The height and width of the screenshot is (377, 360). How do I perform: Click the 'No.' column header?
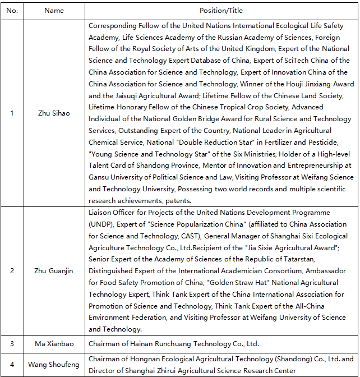pos(12,11)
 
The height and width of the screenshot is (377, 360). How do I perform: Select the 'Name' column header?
pos(54,11)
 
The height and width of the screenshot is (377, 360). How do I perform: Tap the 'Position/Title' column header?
pos(221,11)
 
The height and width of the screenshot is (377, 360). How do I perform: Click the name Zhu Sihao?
pos(54,113)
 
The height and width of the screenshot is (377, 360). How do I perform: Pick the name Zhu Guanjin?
pos(54,271)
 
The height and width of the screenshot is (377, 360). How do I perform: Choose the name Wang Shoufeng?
pos(54,365)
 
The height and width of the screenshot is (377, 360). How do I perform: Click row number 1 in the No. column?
pos(12,113)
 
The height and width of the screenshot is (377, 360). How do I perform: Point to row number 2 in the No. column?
pos(12,271)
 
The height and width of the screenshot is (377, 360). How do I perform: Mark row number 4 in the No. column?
pos(12,365)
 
